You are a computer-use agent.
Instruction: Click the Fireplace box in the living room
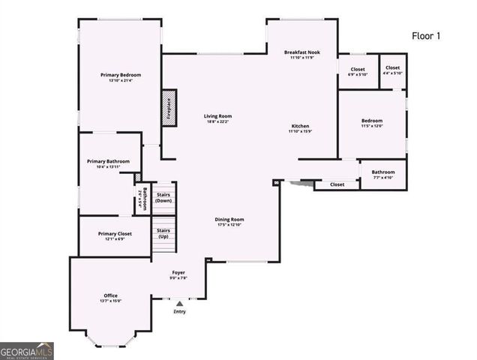[169, 107]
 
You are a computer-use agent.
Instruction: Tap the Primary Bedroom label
[121, 76]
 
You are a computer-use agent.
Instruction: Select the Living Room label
[219, 116]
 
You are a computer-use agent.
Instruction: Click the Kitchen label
[299, 126]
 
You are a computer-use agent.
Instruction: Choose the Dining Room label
[230, 220]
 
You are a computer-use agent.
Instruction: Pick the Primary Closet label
[115, 234]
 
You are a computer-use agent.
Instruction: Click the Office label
[110, 296]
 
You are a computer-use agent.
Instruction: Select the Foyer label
[178, 272]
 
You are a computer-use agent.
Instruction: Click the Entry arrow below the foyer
[179, 304]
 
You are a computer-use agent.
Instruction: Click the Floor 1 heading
[427, 35]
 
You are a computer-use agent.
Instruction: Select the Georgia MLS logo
[27, 350]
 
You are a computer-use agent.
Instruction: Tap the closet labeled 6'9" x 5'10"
[357, 71]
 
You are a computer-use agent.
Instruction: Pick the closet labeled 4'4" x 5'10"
[392, 70]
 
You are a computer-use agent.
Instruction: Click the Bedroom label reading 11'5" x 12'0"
[372, 123]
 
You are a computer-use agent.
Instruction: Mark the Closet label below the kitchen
[337, 184]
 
